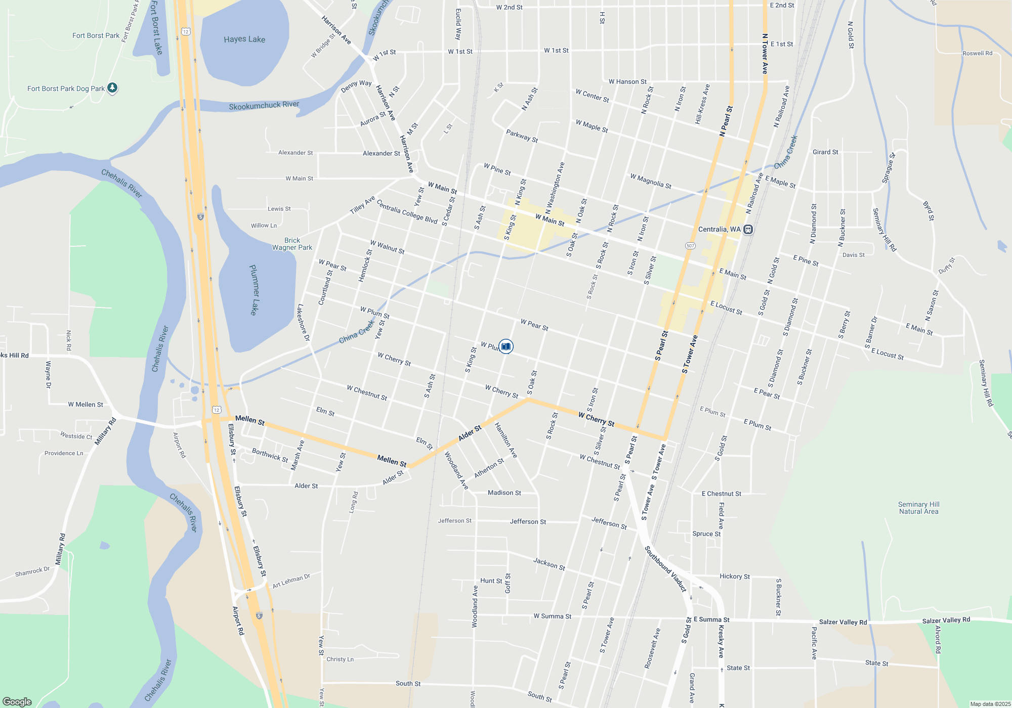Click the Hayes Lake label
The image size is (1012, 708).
click(x=244, y=39)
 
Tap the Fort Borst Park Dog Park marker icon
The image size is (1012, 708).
click(x=112, y=88)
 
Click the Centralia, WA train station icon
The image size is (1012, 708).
click(x=748, y=230)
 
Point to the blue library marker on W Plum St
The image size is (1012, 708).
click(x=505, y=346)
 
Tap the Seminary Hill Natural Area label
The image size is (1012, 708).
click(x=918, y=508)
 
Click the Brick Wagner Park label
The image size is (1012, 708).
click(x=292, y=244)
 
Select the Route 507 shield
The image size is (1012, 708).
click(x=690, y=246)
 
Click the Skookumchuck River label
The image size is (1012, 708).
click(x=264, y=105)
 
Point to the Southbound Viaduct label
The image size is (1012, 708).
click(x=665, y=568)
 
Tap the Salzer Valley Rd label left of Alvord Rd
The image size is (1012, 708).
click(x=842, y=622)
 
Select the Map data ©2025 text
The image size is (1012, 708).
click(x=990, y=704)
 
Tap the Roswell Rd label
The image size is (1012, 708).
click(x=977, y=53)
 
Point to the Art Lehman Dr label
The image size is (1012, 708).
click(x=291, y=581)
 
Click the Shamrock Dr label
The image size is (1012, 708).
click(x=32, y=571)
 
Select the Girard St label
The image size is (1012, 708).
click(x=825, y=152)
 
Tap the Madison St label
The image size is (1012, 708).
click(x=504, y=493)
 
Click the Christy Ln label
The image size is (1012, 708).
click(x=340, y=659)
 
